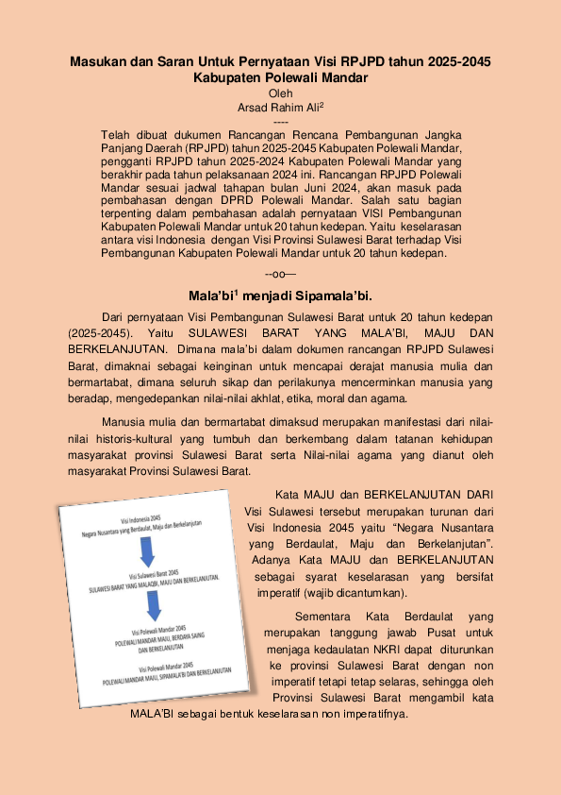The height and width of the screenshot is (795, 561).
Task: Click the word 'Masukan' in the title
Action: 99,61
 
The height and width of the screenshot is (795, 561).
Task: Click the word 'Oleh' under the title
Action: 281,93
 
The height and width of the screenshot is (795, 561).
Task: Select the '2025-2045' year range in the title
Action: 458,61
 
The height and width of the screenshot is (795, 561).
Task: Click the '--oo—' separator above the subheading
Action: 280,274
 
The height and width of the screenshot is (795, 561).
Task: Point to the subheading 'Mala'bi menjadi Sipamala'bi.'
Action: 280,295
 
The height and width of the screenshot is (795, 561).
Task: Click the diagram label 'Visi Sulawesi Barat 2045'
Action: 153,574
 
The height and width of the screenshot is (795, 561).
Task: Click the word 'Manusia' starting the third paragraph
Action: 124,422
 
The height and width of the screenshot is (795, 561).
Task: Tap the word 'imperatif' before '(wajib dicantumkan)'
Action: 278,593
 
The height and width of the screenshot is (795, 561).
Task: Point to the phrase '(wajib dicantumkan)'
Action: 356,593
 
